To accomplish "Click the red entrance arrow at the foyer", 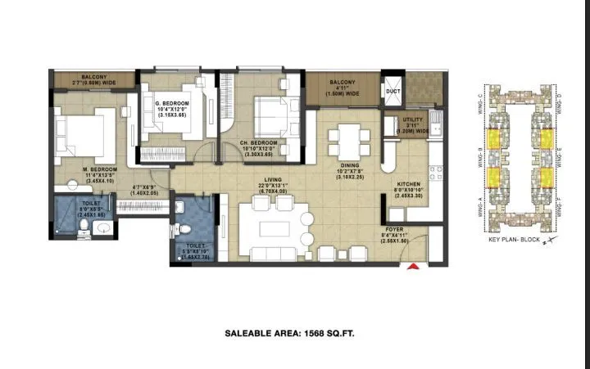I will tap(415, 266).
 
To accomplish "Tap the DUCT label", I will tap(393, 91).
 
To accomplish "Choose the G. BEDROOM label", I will tap(173, 103).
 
